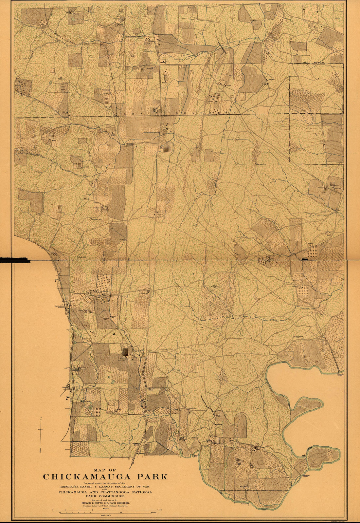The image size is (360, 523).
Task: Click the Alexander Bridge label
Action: [x=339, y=374]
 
